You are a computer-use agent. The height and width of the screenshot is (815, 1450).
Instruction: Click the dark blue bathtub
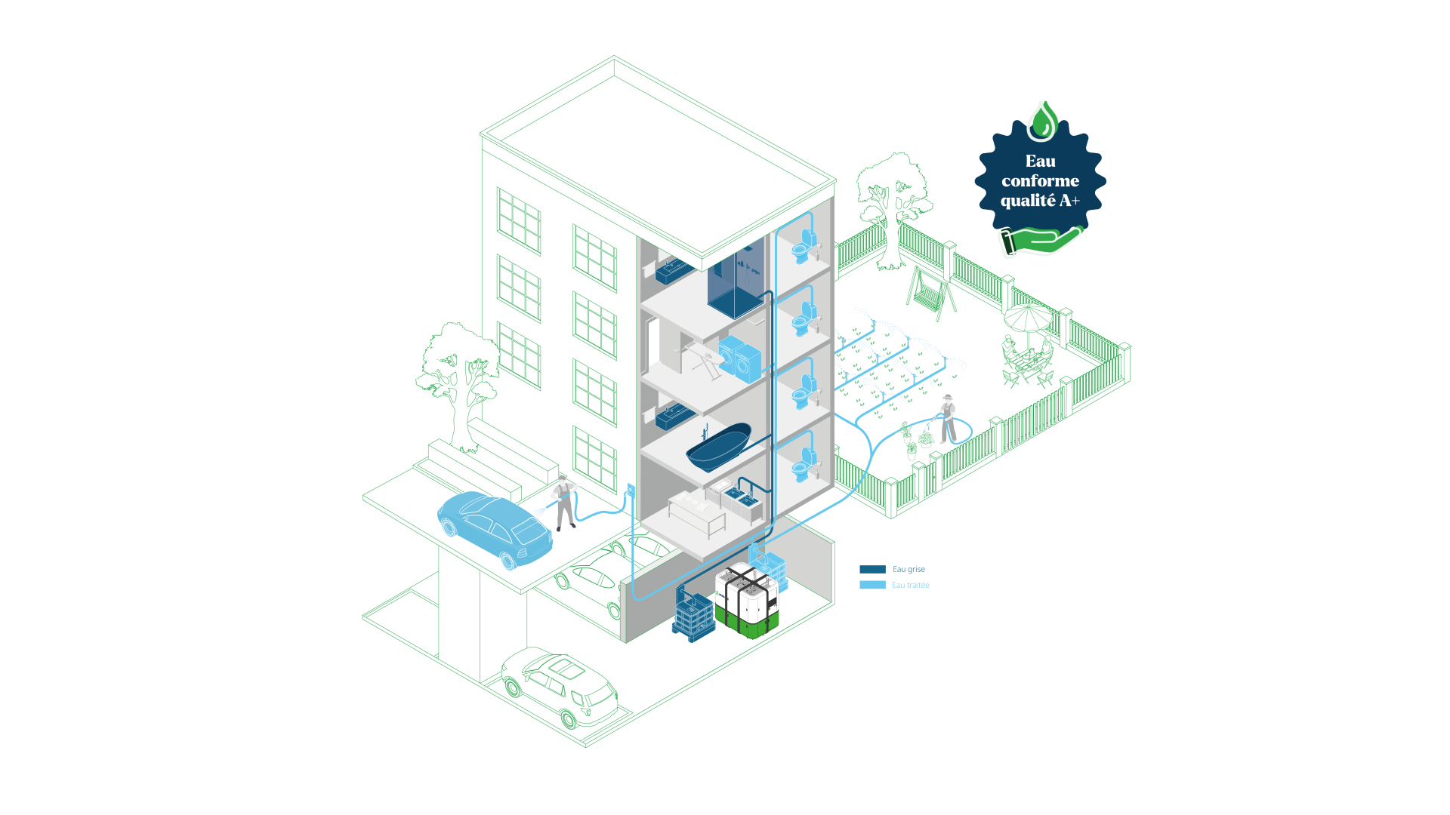tap(718, 446)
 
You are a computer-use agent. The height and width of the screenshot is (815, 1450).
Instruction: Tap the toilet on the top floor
tap(804, 246)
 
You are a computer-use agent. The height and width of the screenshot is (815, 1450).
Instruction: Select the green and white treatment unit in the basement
tap(746, 601)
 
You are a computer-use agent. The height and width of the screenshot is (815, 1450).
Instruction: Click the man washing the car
tap(563, 502)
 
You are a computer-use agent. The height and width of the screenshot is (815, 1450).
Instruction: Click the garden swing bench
tap(930, 291)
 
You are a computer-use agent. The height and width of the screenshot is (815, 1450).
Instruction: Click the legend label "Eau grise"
tap(909, 570)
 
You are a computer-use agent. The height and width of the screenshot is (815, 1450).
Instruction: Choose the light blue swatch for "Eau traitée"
tap(872, 585)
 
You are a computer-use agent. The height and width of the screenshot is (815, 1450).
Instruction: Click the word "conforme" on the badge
tap(1040, 181)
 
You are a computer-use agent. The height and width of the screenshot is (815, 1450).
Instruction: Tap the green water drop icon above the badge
tap(1042, 121)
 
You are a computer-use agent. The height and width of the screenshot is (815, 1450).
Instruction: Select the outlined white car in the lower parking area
tap(560, 687)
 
